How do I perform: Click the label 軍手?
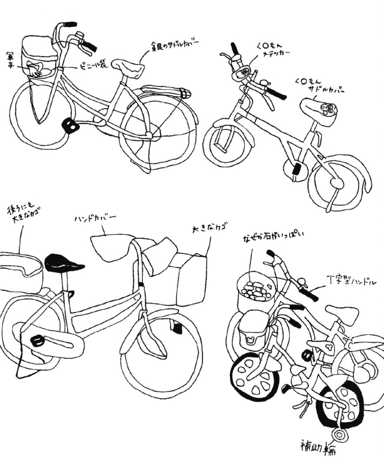pos(10,58)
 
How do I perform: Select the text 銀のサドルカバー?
pos(175,46)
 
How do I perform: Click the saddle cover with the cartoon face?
pos(320,108)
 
